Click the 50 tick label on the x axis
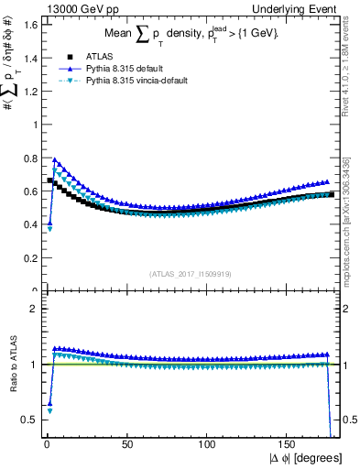[x=127, y=444]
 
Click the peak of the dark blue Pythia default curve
[x=55, y=159]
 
